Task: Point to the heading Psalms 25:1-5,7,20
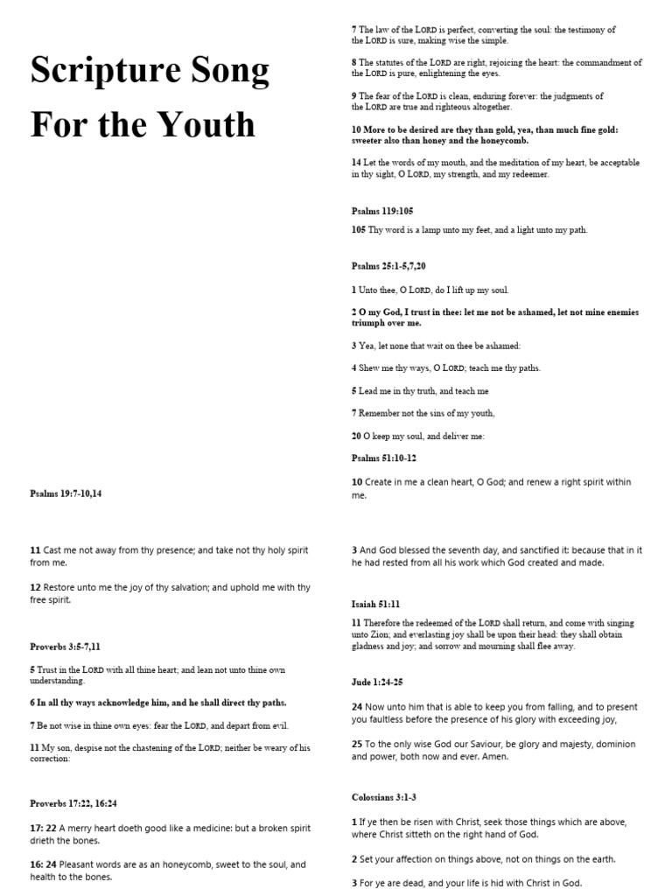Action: point(390,266)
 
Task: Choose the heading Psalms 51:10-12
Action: point(383,457)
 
